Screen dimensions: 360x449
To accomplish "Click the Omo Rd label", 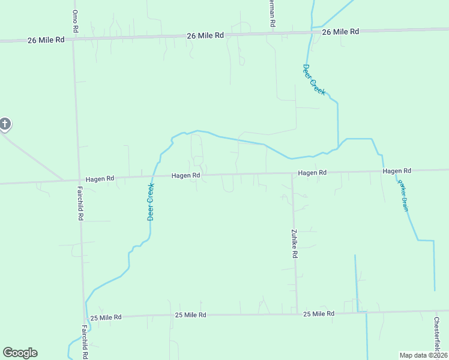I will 75,20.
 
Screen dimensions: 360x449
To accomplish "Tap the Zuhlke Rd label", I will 295,244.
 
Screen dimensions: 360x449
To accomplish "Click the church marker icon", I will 4,124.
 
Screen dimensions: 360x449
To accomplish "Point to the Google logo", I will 20,353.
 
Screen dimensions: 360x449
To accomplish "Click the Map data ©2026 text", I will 423,355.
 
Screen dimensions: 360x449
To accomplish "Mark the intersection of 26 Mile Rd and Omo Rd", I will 73,39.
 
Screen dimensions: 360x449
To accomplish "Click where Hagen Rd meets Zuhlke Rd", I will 292,174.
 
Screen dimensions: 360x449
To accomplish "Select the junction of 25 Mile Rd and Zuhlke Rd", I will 297,313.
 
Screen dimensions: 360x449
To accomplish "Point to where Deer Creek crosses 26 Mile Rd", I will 312,30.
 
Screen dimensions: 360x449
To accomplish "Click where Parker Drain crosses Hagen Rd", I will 384,172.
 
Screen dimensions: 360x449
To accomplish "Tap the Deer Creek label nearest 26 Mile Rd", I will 314,80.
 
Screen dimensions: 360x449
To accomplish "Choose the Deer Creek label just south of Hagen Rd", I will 151,202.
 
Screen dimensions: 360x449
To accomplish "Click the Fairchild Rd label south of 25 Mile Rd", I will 85,342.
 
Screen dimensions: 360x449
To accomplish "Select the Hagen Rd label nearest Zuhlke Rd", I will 312,173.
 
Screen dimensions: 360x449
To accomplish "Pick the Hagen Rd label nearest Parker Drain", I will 397,171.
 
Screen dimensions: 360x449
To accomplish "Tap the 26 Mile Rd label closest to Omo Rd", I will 46,40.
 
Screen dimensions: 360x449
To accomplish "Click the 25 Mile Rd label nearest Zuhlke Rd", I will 319,314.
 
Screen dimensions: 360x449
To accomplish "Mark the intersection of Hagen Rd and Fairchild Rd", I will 78,179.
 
